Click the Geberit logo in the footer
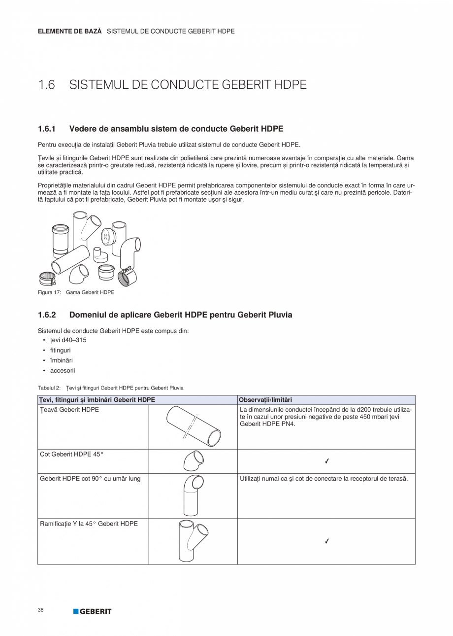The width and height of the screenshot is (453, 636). pyautogui.click(x=93, y=611)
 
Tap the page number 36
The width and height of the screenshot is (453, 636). pyautogui.click(x=40, y=610)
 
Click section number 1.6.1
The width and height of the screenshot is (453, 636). pyautogui.click(x=47, y=129)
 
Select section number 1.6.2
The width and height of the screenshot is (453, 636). pyautogui.click(x=47, y=315)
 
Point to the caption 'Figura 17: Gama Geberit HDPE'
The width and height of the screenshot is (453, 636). pyautogui.click(x=76, y=292)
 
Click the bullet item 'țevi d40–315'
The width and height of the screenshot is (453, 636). pyautogui.click(x=68, y=340)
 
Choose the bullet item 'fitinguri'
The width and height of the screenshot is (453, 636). pyautogui.click(x=60, y=351)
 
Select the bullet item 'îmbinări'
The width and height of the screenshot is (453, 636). pyautogui.click(x=61, y=360)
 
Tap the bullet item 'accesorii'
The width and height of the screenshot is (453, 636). pyautogui.click(x=63, y=370)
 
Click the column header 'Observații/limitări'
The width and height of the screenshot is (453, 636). pyautogui.click(x=265, y=400)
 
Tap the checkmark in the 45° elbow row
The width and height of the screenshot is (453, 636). pyautogui.click(x=327, y=461)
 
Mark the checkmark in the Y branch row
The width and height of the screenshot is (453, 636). pyautogui.click(x=327, y=541)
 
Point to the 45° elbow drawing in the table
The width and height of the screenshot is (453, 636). pyautogui.click(x=193, y=461)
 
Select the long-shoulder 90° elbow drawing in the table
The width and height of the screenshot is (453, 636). pyautogui.click(x=193, y=495)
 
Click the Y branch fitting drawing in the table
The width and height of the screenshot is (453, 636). pyautogui.click(x=193, y=540)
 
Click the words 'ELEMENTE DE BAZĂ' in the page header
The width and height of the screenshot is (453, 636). pyautogui.click(x=69, y=31)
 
